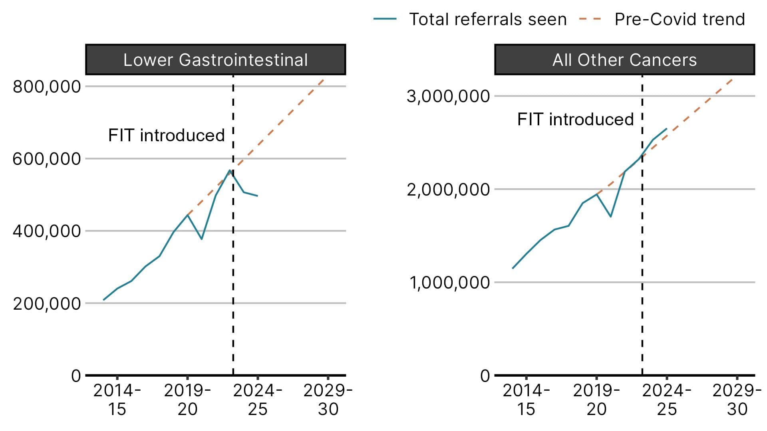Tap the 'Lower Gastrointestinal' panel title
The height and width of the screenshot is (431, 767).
coord(215,60)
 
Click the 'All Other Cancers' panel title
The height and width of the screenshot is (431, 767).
coord(624,60)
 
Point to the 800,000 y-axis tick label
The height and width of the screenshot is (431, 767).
coord(47,87)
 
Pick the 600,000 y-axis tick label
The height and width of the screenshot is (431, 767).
coord(47,159)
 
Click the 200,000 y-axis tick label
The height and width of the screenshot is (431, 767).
coord(47,304)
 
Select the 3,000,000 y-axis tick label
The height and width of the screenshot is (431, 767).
coord(448,96)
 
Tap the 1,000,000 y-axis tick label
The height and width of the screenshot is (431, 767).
coord(449,283)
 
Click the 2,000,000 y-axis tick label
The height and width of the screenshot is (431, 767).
coord(448,190)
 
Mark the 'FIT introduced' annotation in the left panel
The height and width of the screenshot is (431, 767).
coord(166,135)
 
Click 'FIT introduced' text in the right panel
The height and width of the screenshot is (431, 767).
coord(575,119)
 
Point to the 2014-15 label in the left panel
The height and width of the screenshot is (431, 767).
coord(117,399)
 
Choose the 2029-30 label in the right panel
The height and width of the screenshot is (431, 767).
coord(737,399)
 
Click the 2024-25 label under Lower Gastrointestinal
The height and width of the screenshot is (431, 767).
coord(258,399)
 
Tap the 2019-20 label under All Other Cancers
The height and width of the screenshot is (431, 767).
coord(596,399)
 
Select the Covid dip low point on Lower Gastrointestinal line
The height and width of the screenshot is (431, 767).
coord(202,239)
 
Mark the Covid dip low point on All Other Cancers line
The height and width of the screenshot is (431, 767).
coord(610,217)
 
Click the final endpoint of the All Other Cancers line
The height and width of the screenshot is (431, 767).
coord(667,129)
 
